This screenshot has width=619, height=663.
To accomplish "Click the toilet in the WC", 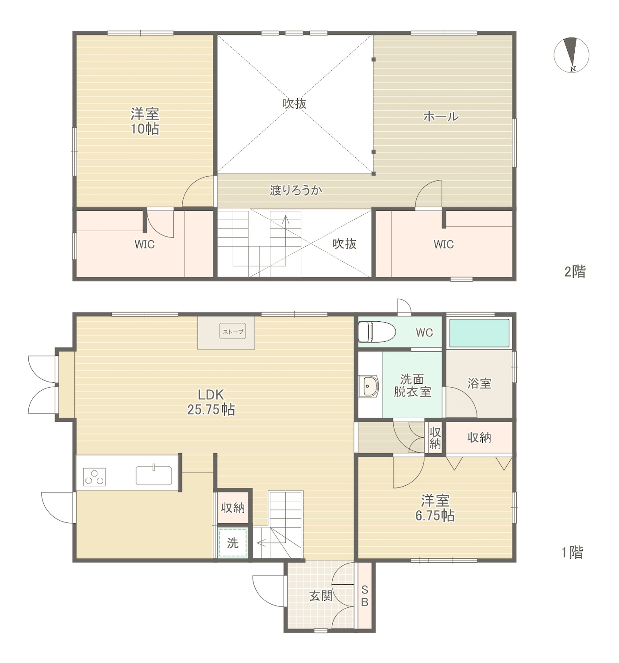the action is click(x=377, y=332).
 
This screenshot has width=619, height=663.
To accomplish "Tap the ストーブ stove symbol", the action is click(x=233, y=331).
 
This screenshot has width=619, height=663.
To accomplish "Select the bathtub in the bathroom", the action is click(x=479, y=333).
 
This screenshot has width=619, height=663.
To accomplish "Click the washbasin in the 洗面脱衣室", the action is click(x=369, y=386).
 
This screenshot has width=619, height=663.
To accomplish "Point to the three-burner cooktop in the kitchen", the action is click(x=94, y=477).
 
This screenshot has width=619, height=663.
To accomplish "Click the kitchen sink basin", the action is click(x=154, y=476).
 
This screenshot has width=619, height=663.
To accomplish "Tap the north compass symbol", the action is click(x=571, y=55).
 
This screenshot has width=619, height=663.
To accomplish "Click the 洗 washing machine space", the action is click(x=233, y=543).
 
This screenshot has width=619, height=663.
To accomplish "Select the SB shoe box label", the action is click(x=364, y=596).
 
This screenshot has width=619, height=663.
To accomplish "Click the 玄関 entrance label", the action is click(x=320, y=595).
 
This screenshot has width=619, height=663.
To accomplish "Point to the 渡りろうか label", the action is click(x=296, y=191).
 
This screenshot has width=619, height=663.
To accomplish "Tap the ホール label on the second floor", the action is click(x=441, y=117).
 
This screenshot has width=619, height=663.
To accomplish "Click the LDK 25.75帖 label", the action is click(x=211, y=402).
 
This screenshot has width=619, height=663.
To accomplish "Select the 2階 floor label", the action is click(x=575, y=271).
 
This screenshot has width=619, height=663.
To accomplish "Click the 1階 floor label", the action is click(x=572, y=552).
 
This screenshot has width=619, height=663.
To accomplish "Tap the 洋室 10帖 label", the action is click(x=145, y=121).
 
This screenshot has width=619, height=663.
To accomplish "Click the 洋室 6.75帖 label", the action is click(x=435, y=508).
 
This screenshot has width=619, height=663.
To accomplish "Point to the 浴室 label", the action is click(x=479, y=383).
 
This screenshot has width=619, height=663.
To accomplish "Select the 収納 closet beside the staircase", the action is click(x=233, y=508).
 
